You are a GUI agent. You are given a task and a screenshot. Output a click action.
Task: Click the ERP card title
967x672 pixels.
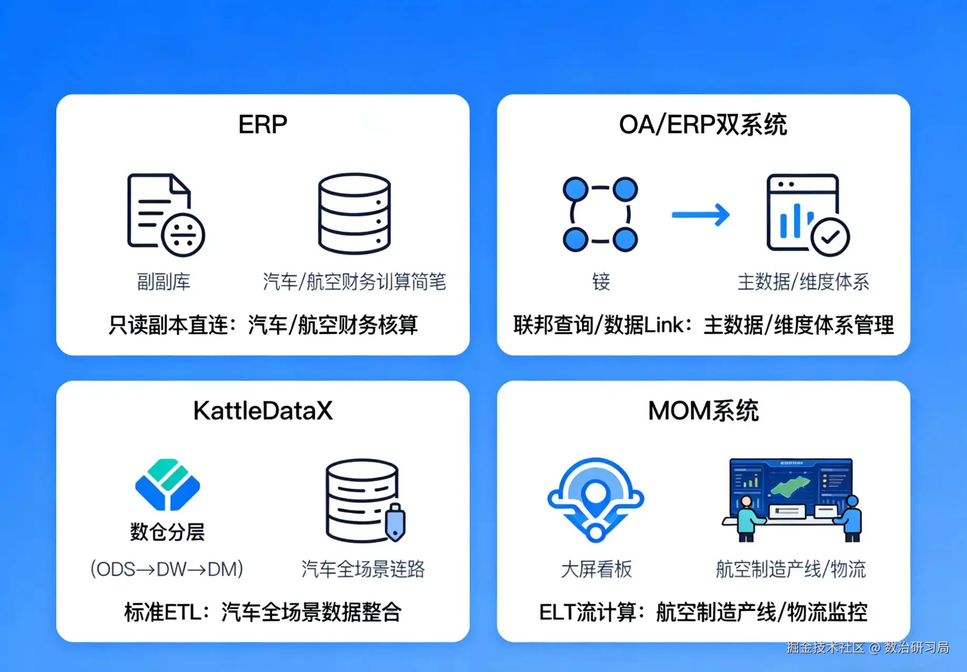(x=262, y=125)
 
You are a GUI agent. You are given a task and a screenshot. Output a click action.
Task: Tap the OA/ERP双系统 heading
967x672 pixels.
(x=703, y=125)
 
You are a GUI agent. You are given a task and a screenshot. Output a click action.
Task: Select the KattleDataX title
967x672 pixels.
(x=263, y=411)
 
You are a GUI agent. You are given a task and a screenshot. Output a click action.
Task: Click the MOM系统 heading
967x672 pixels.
(x=703, y=411)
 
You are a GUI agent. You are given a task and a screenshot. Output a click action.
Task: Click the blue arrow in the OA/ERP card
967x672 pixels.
(x=701, y=214)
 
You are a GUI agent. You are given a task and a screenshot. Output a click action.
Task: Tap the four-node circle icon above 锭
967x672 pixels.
(x=600, y=214)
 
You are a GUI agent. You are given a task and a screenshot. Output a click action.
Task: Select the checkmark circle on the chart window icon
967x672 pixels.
(x=830, y=237)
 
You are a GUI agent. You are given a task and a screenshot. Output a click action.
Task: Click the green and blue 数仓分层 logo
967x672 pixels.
(x=167, y=484)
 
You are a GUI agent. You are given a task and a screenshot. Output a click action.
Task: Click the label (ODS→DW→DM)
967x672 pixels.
(x=167, y=569)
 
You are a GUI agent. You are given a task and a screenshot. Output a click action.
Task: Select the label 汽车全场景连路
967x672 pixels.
(x=363, y=569)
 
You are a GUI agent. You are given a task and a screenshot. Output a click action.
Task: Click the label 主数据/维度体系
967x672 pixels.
(x=803, y=282)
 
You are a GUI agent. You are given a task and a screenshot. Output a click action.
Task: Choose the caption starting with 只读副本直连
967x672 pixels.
(x=263, y=325)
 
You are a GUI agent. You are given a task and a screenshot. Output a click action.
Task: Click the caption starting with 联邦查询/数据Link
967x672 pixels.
(x=703, y=325)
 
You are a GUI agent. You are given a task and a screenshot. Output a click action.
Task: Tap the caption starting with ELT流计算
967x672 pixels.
(x=703, y=612)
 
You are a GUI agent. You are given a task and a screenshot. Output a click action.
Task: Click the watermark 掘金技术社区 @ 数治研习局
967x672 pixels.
(x=868, y=647)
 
